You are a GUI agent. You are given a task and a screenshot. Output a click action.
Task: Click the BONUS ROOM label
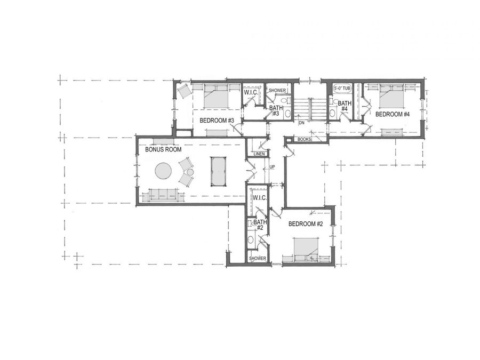160,150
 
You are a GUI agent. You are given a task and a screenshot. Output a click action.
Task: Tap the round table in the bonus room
163,171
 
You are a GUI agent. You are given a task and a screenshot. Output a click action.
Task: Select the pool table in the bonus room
218,171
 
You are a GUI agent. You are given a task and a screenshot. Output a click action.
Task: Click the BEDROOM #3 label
217,121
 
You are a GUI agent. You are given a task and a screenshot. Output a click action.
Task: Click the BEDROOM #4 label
392,114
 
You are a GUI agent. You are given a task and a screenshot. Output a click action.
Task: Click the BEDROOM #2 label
306,224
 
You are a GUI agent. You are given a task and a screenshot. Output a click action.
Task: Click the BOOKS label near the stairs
304,140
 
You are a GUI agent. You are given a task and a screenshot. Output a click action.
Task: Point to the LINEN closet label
259,155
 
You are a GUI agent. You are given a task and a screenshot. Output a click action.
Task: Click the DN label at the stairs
301,123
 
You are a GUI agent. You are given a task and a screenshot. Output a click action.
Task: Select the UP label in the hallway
273,167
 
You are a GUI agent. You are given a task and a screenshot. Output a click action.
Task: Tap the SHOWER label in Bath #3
276,91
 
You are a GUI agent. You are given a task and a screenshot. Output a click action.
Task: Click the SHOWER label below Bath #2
258,259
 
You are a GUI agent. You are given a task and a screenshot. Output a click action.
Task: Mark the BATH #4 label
345,106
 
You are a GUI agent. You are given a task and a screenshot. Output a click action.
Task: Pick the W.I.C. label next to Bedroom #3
251,93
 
